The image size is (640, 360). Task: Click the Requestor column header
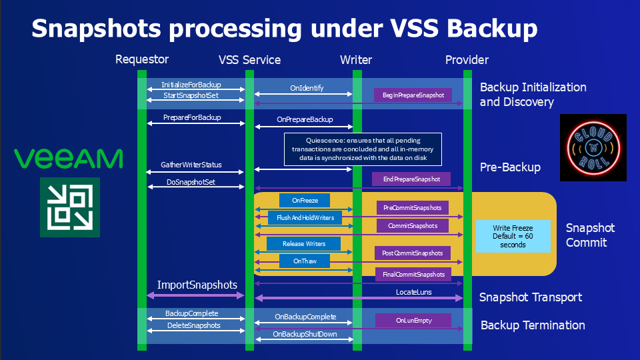click(142, 60)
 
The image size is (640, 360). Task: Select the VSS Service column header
click(249, 60)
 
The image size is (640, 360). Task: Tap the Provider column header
click(467, 60)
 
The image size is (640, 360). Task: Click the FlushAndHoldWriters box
click(305, 218)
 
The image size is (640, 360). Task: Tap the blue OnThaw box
click(305, 261)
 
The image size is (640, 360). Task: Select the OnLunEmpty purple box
click(413, 321)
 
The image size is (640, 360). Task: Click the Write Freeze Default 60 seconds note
click(512, 236)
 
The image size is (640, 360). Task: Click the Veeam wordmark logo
click(69, 159)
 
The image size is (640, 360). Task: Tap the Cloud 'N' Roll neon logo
click(593, 147)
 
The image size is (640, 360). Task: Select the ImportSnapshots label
click(197, 285)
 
